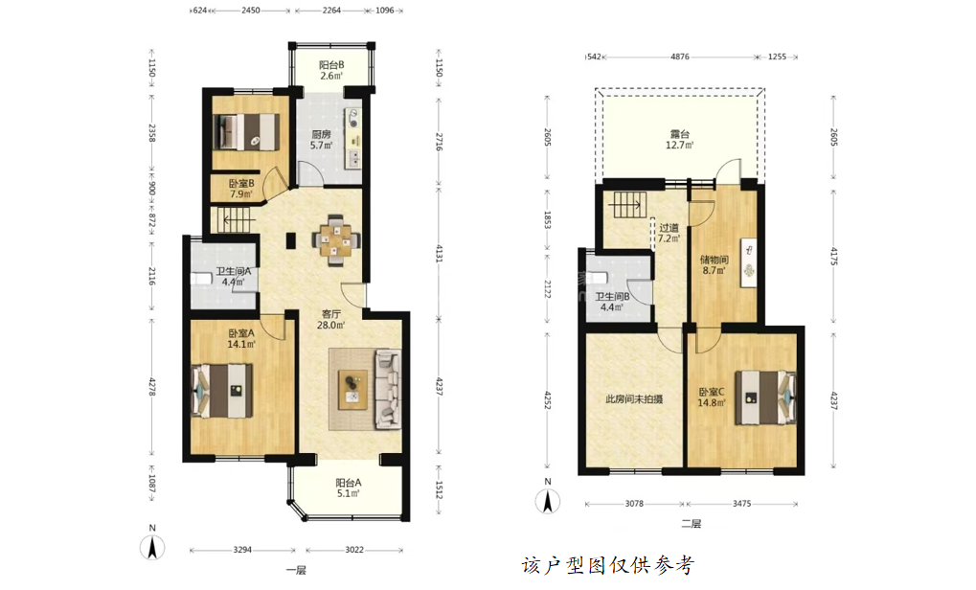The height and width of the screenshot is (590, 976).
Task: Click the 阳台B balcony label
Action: click(x=331, y=65)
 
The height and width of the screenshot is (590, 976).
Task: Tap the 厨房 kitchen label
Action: click(x=321, y=134)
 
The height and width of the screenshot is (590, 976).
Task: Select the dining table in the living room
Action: click(x=336, y=240)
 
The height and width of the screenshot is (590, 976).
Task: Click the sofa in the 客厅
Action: click(x=388, y=389)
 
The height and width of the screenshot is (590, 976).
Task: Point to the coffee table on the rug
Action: click(x=352, y=390)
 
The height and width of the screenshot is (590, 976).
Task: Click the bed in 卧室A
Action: click(x=222, y=391)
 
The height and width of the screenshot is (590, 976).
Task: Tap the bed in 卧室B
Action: click(x=245, y=132)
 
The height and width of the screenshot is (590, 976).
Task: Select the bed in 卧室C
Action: click(x=765, y=397)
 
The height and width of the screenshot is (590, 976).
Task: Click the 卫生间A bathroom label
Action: click(x=233, y=271)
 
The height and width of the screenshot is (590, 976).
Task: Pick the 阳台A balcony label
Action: click(x=349, y=483)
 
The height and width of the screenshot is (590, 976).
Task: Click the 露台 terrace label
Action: click(x=680, y=134)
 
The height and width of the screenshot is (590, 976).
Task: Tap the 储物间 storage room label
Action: click(x=715, y=260)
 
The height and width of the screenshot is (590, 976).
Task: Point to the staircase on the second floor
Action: click(x=629, y=205)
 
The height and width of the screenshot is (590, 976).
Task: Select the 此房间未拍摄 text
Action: click(x=634, y=399)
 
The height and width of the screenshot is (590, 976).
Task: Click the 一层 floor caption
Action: click(x=296, y=570)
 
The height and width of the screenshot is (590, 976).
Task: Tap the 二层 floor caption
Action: click(x=691, y=524)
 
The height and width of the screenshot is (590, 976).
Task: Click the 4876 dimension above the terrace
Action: click(x=680, y=57)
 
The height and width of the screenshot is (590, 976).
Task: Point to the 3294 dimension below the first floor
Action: click(x=242, y=550)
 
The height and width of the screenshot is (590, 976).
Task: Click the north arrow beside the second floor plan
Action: click(x=548, y=501)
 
